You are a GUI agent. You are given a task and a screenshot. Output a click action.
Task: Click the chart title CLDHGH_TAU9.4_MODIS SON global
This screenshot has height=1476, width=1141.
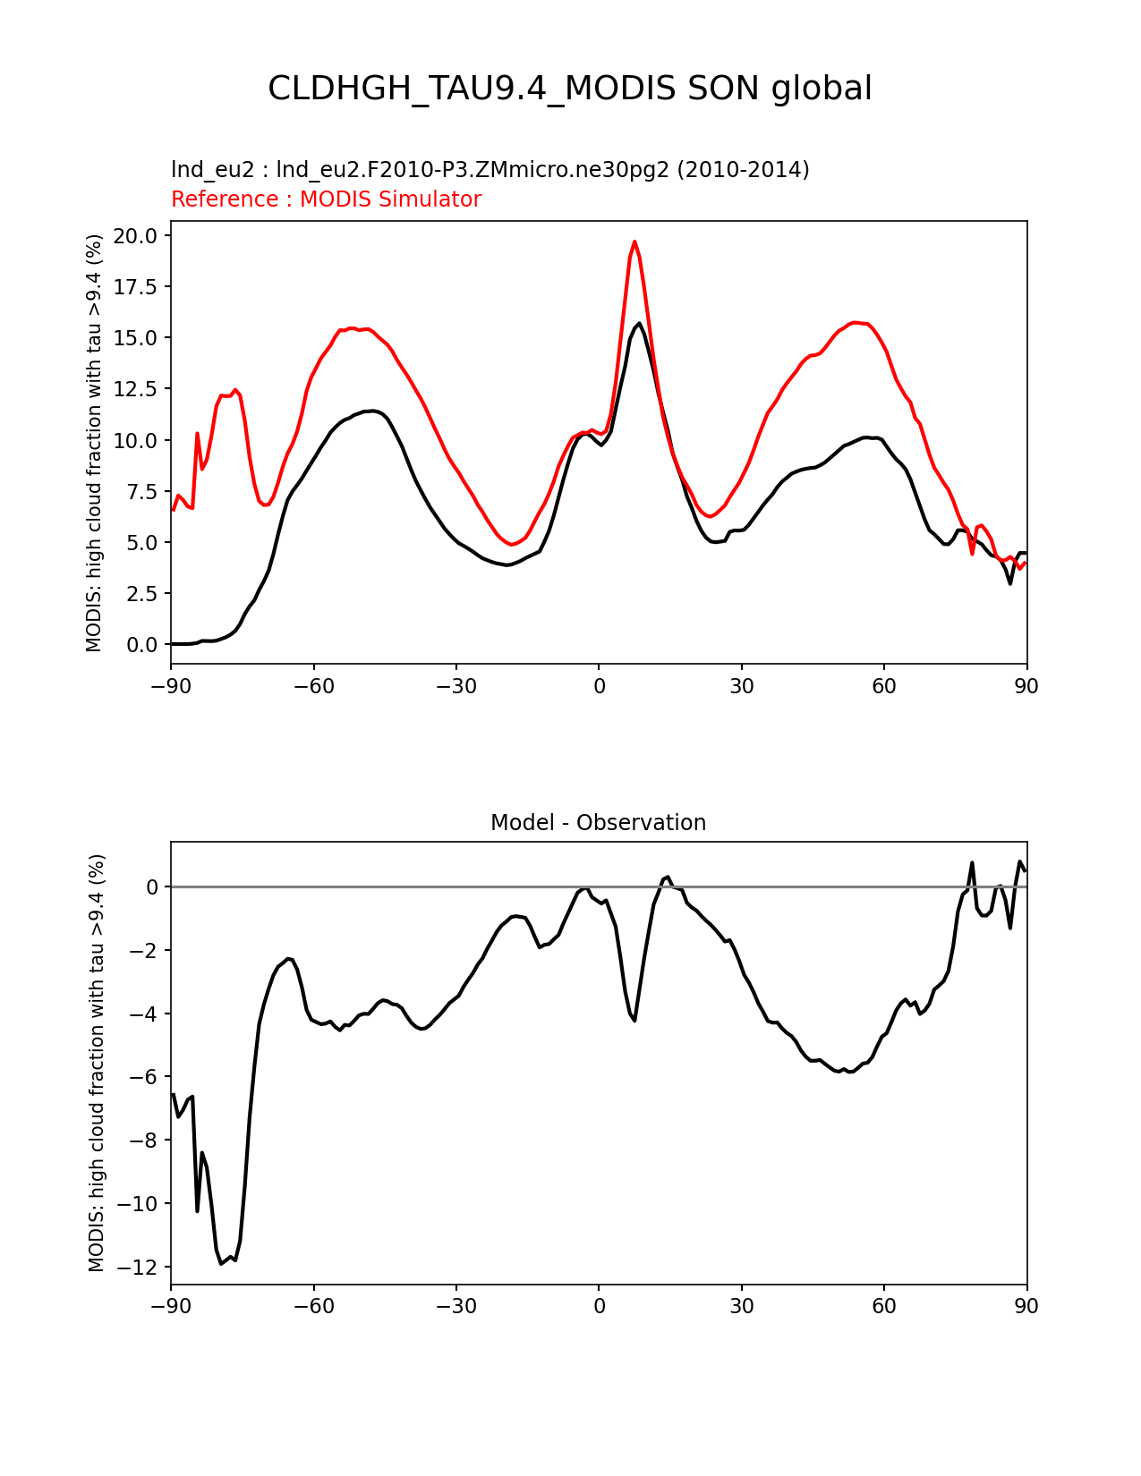click(x=570, y=89)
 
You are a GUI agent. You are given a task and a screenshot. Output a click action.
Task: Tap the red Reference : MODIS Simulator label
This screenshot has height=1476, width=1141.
click(x=326, y=199)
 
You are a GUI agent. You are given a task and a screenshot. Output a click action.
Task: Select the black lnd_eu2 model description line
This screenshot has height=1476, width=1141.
click(x=490, y=170)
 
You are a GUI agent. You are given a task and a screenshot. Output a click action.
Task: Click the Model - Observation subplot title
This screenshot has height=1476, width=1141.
click(x=598, y=823)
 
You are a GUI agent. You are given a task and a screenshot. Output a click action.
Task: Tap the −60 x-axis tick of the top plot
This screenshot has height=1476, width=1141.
click(x=313, y=686)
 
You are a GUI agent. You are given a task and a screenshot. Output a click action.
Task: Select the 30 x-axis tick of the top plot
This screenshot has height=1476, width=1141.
click(x=741, y=686)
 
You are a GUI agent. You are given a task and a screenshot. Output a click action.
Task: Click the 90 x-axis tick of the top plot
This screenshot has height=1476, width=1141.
click(x=1026, y=686)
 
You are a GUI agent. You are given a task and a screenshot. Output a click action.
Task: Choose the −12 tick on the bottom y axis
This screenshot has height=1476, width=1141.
click(x=141, y=1268)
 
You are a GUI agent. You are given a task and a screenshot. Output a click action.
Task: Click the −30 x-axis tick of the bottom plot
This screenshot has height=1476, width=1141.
click(x=456, y=1307)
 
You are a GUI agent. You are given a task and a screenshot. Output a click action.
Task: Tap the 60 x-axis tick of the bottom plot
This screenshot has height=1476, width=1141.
click(x=883, y=1307)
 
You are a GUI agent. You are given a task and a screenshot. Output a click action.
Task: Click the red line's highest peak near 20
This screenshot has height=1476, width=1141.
click(x=634, y=241)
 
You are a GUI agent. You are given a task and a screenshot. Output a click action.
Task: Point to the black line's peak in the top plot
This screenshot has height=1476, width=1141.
click(x=640, y=323)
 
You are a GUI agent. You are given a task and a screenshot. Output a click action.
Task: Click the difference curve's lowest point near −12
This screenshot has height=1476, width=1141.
click(x=221, y=1263)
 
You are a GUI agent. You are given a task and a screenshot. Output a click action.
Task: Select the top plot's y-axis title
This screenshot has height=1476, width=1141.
click(x=95, y=443)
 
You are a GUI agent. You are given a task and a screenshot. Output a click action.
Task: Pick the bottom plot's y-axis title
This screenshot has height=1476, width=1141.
click(x=97, y=1063)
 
